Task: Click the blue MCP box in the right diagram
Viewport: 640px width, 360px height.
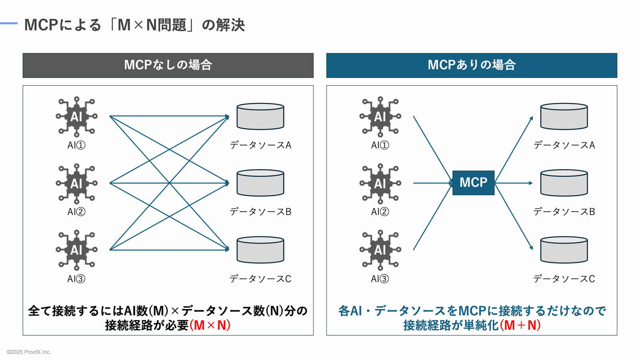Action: pos(473,183)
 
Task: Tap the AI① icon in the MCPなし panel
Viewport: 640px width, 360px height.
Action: pos(76,117)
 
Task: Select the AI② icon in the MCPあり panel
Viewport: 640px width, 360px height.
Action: pos(380,184)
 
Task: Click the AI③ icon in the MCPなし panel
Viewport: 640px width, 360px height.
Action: pos(76,250)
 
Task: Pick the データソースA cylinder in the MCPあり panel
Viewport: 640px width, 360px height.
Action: pos(564,116)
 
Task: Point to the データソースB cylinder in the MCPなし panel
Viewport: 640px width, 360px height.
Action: pos(260,183)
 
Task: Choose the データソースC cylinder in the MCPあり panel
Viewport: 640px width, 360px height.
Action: pos(564,250)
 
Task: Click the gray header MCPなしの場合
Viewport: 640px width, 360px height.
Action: pos(168,65)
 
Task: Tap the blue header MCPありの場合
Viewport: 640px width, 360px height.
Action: pos(472,65)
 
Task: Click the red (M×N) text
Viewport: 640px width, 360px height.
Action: pos(210,325)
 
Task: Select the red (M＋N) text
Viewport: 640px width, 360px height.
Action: pos(520,325)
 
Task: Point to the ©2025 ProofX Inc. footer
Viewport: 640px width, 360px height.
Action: pos(29,352)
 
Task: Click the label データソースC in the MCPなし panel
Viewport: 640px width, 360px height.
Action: pos(260,279)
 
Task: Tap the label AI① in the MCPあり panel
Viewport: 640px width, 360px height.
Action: pos(380,145)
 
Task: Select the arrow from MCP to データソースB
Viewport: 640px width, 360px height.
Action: pos(514,183)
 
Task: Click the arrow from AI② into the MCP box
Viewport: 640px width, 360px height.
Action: pos(432,183)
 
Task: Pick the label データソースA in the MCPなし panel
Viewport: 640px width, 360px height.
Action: pos(260,145)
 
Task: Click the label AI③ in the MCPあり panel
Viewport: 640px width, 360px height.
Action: pos(380,279)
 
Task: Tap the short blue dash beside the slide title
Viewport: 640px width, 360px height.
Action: pos(9,23)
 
